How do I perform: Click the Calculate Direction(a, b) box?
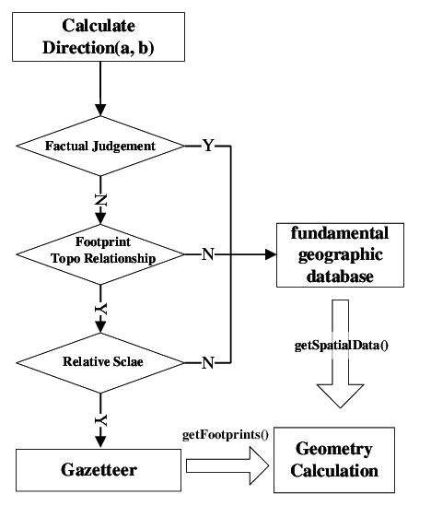(x=97, y=40)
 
